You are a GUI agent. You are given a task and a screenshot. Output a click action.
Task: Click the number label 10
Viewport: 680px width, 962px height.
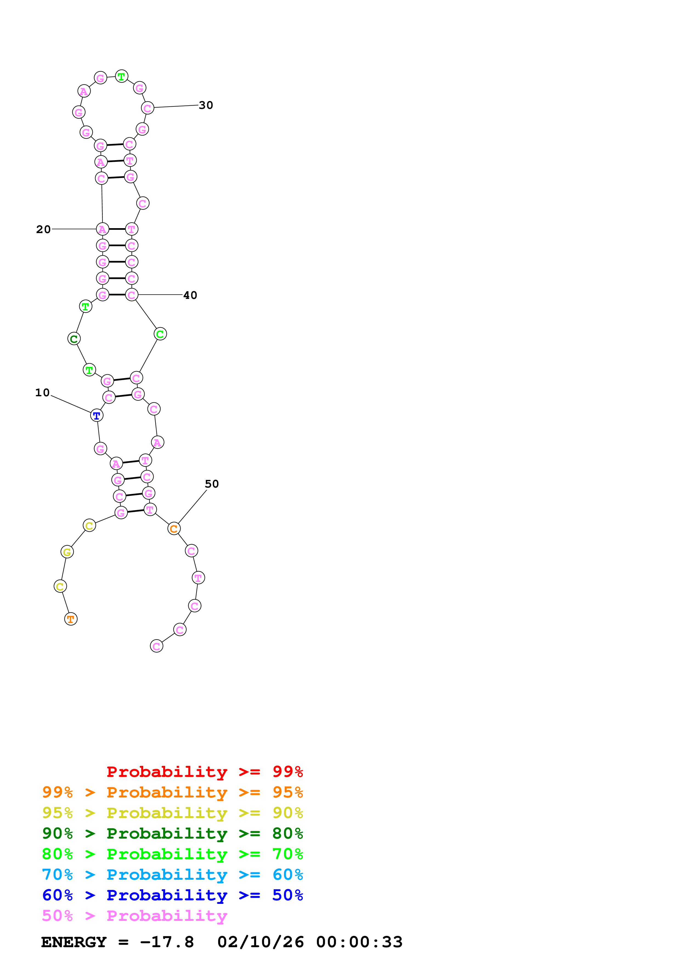click(x=42, y=393)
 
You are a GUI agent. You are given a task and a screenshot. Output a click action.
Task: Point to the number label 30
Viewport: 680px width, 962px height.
click(x=206, y=105)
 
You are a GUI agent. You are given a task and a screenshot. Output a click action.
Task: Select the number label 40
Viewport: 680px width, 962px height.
click(x=190, y=295)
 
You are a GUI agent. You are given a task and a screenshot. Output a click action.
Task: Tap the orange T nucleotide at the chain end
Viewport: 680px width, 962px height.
click(x=71, y=619)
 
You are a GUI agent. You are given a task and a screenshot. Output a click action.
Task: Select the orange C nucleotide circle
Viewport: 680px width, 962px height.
click(x=174, y=528)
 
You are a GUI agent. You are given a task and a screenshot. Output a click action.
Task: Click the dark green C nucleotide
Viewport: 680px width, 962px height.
click(x=74, y=339)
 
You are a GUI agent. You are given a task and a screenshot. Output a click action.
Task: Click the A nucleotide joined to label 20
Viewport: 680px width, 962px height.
click(x=103, y=229)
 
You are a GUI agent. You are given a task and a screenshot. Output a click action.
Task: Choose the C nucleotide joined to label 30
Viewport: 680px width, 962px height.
click(x=148, y=108)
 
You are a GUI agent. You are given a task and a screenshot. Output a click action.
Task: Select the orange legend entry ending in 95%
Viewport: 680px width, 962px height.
click(x=172, y=792)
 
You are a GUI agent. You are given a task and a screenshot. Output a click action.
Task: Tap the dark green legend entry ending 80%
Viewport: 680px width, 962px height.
click(x=172, y=833)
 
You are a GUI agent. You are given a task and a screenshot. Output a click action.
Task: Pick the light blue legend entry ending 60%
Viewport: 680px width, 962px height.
click(x=172, y=875)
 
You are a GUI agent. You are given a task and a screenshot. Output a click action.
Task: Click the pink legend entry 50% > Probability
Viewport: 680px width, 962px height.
click(x=134, y=915)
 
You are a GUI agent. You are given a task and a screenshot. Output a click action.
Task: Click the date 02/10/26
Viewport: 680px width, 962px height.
click(x=261, y=942)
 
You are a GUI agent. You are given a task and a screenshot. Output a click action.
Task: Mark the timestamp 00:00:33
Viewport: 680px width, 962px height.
click(x=359, y=942)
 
